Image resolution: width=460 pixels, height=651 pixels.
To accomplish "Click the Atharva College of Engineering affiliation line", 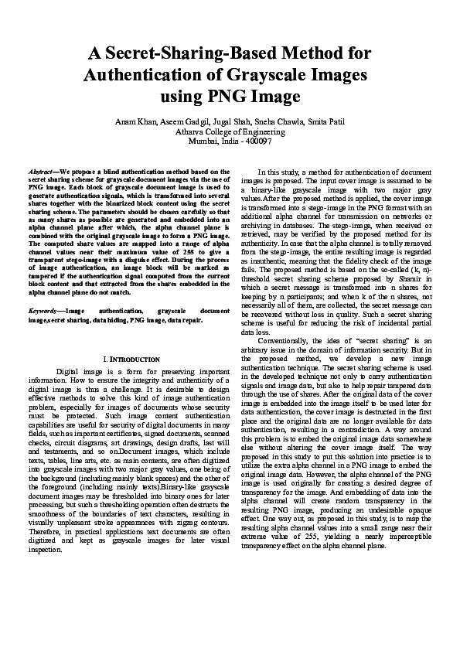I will pos(230,131).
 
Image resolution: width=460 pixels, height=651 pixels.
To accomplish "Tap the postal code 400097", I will pos(257,141).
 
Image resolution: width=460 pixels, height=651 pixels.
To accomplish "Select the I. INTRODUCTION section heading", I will pos(131,360).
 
